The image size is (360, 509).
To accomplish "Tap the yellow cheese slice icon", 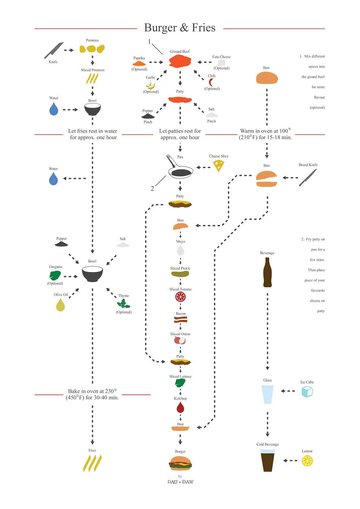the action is (x=219, y=166).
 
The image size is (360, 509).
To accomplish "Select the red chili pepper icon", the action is (x=211, y=82).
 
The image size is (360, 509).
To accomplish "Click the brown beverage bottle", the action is (x=267, y=272).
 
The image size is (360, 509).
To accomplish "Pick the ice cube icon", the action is (x=307, y=392).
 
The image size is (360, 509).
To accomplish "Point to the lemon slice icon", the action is (x=307, y=461).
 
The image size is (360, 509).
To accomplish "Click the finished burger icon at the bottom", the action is (x=180, y=463).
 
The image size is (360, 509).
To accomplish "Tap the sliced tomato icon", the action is (x=180, y=297).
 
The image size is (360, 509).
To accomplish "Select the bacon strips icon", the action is (x=180, y=320).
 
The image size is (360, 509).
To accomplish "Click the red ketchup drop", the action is (x=180, y=407).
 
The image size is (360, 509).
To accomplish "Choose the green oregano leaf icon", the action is (x=55, y=275).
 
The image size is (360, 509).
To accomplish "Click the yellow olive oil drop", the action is (x=61, y=304).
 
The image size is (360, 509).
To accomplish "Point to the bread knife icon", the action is (x=308, y=178).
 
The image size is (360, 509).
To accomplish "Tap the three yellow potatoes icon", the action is (x=92, y=49).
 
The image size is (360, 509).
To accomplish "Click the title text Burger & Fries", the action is (x=180, y=27).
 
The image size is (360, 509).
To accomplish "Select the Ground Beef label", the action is (x=180, y=52).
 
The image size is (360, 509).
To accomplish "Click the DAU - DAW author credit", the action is (x=180, y=482).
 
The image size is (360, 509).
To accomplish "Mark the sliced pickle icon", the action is (x=180, y=274).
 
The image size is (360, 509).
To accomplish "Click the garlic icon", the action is (x=151, y=85).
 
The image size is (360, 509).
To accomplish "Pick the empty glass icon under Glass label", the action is (x=267, y=394).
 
